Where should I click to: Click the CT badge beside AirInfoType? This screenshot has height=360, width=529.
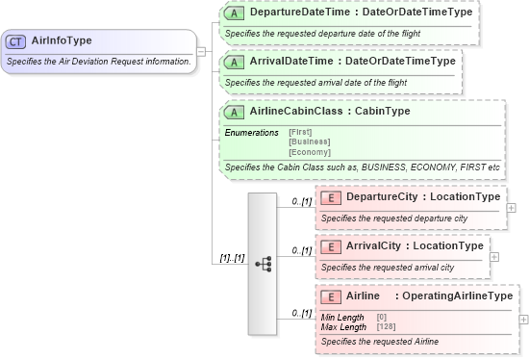pyautogui.click(x=15, y=41)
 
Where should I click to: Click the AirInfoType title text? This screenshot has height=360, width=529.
pyautogui.click(x=62, y=41)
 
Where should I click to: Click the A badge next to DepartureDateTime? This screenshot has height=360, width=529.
pyautogui.click(x=234, y=13)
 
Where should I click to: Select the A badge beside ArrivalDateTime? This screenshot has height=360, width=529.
pyautogui.click(x=234, y=62)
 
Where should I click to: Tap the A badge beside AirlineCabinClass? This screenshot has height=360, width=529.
pyautogui.click(x=234, y=112)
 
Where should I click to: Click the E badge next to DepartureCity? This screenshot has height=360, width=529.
pyautogui.click(x=330, y=196)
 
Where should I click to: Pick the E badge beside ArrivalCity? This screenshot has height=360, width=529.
pyautogui.click(x=330, y=246)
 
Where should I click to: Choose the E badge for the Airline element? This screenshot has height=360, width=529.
pyautogui.click(x=330, y=296)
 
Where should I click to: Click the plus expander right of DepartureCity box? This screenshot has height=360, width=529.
pyautogui.click(x=511, y=207)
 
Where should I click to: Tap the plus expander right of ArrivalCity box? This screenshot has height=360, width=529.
pyautogui.click(x=494, y=257)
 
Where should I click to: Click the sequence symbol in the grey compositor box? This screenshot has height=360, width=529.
pyautogui.click(x=263, y=264)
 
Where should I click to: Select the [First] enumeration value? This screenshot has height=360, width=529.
pyautogui.click(x=299, y=131)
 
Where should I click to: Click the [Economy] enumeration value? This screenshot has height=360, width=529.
pyautogui.click(x=309, y=152)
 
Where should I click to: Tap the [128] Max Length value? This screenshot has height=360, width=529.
pyautogui.click(x=387, y=326)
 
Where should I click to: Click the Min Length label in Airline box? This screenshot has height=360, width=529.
pyautogui.click(x=342, y=317)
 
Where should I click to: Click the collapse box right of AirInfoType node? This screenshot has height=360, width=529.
pyautogui.click(x=201, y=51)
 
